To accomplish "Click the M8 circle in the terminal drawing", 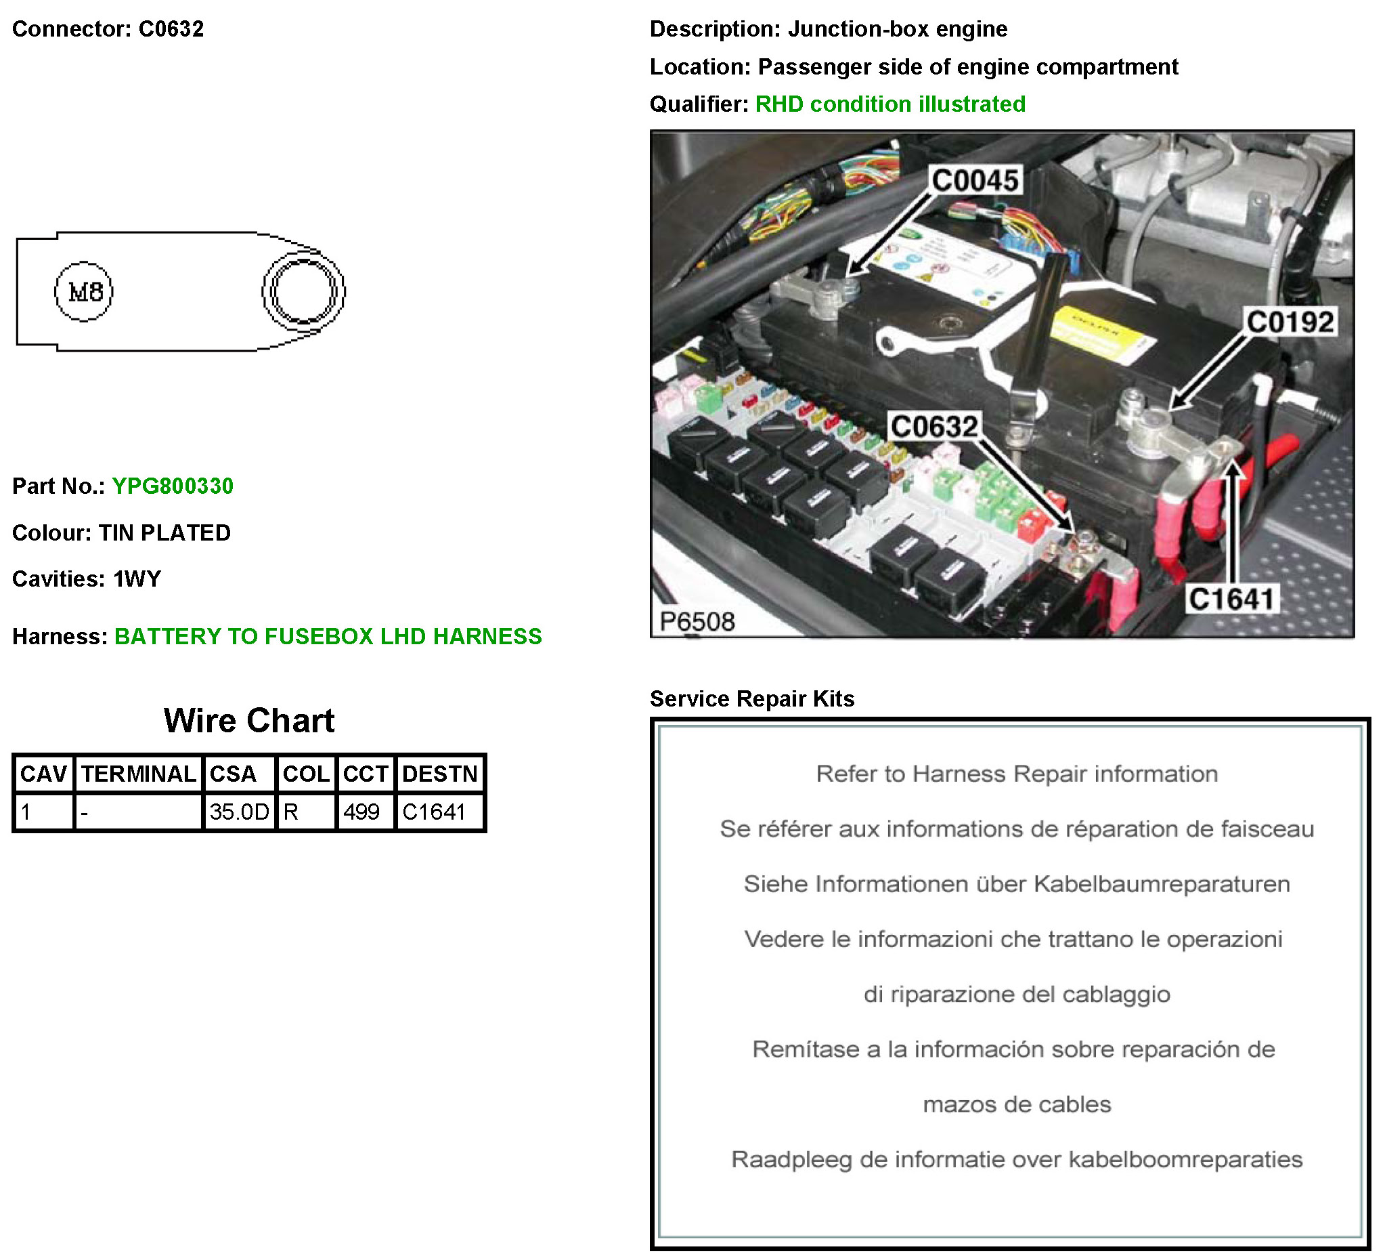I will click(x=84, y=292).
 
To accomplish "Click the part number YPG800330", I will click(x=173, y=486).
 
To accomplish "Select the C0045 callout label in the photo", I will click(x=975, y=181).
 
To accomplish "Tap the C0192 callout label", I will click(x=1290, y=322).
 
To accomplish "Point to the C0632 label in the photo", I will click(x=934, y=427).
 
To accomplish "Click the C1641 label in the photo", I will click(x=1232, y=600).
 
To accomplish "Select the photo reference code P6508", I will click(x=697, y=622).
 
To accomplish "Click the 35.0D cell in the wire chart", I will click(x=238, y=812).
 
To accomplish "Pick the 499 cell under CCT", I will click(x=361, y=812).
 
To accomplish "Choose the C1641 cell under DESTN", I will click(x=434, y=812).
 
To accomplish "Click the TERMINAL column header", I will click(x=139, y=775).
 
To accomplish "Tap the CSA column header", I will click(x=233, y=775).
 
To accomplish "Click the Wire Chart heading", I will click(x=248, y=721).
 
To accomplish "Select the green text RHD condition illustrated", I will click(x=890, y=104).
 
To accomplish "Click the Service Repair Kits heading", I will click(x=752, y=699).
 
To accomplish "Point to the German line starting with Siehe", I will click(x=1017, y=884).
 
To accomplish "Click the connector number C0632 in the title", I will click(x=171, y=29).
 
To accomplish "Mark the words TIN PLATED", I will click(x=165, y=533).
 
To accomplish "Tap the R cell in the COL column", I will click(x=291, y=812).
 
